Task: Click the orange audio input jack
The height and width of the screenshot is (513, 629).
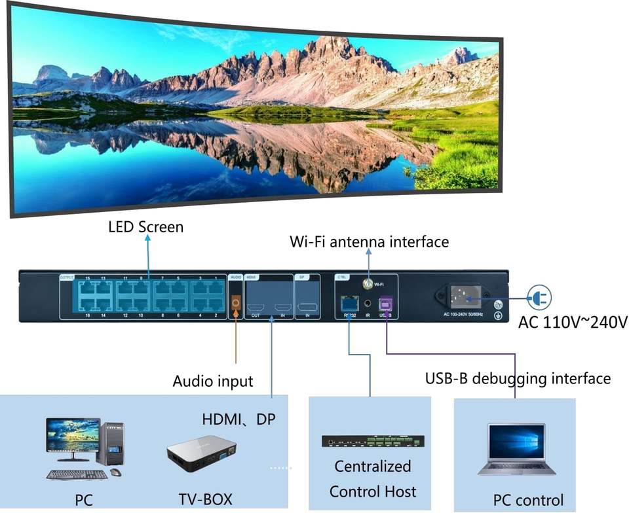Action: [x=236, y=303]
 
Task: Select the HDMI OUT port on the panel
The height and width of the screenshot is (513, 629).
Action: [x=257, y=307]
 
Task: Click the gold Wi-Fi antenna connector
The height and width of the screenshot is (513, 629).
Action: [x=368, y=285]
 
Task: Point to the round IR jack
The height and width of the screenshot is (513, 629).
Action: [x=368, y=304]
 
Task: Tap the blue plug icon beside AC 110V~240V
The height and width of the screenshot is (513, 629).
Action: [x=539, y=298]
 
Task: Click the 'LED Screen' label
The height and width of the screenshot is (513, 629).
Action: [x=145, y=227]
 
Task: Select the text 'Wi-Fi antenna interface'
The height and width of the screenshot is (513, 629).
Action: [x=369, y=242]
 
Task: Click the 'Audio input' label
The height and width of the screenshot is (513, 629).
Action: [x=212, y=381]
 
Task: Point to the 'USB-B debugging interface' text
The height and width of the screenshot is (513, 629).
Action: [x=518, y=378]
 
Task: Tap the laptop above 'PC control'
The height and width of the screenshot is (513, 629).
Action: [x=516, y=449]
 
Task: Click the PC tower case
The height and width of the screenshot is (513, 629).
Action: [x=113, y=443]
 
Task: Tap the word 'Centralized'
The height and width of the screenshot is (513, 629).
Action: [x=373, y=467]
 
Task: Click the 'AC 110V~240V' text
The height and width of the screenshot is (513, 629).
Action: [x=573, y=322]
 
